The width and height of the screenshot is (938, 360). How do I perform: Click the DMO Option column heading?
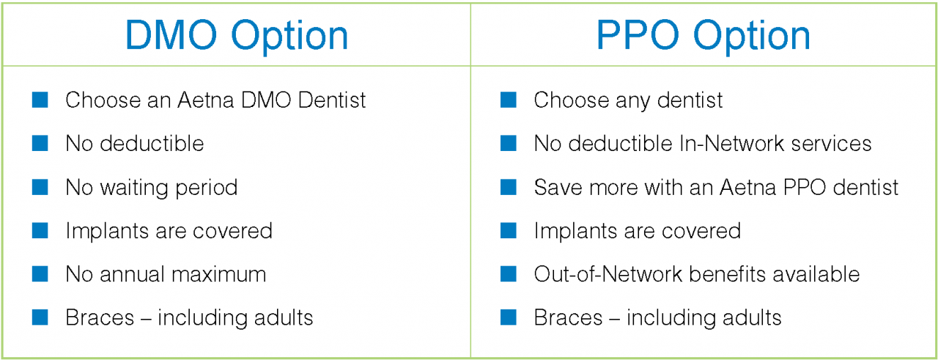click(x=236, y=35)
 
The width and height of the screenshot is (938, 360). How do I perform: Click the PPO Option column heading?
click(x=703, y=35)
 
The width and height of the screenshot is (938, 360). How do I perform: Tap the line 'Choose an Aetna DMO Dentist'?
click(x=215, y=100)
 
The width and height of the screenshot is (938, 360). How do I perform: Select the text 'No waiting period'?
click(x=151, y=188)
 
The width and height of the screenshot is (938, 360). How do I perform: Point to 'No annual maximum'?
click(x=166, y=275)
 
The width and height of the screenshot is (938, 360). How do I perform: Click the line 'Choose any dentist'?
click(x=628, y=100)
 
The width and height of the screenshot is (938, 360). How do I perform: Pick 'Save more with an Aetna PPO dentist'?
click(x=716, y=188)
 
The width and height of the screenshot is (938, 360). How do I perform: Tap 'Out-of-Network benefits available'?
click(x=696, y=275)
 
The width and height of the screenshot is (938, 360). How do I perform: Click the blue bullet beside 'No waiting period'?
click(x=40, y=187)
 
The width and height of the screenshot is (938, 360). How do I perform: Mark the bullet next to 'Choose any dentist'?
click(x=509, y=100)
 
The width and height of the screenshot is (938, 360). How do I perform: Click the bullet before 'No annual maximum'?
click(x=40, y=274)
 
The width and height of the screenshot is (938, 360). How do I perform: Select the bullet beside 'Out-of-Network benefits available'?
click(x=509, y=274)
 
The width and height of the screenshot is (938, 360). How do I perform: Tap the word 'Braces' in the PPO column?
click(x=568, y=318)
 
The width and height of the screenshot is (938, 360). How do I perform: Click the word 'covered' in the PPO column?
click(x=702, y=232)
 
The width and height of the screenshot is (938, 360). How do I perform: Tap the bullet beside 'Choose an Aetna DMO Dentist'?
click(x=40, y=100)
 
